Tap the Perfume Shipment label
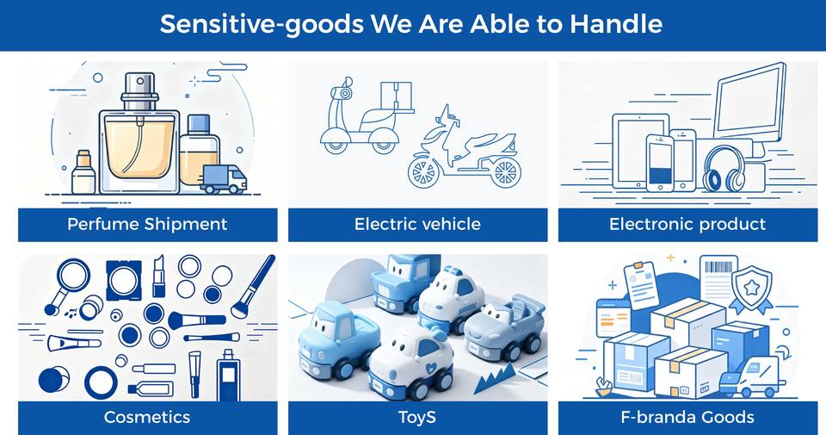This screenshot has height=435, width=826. point(147,225)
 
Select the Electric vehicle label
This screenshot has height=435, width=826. point(417,225)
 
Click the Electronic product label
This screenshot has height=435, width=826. point(687,225)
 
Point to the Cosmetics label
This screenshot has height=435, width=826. point(147,417)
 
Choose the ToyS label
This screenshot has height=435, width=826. point(417,418)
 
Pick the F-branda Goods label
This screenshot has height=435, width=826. point(687,417)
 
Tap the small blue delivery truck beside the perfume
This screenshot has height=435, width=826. point(224,179)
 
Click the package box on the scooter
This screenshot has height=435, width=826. point(396,97)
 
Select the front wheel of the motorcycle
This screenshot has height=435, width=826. point(423,172)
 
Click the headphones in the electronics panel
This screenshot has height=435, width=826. point(724,169)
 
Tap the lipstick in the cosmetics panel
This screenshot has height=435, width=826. point(158,277)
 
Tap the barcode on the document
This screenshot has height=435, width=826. point(718,267)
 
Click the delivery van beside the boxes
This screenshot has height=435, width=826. point(749,376)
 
